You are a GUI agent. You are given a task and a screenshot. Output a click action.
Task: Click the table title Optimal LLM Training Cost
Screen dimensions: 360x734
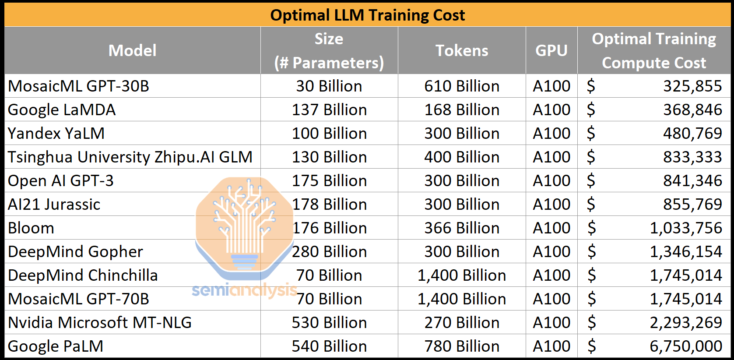coord(367,15)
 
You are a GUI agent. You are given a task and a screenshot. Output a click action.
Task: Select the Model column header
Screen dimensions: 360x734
coord(132,50)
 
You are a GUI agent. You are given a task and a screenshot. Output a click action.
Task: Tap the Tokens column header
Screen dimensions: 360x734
coord(462,50)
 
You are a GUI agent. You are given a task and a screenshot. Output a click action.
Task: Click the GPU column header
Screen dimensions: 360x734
coord(551,50)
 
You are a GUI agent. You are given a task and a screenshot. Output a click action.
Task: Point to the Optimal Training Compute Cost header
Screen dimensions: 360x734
coord(654,50)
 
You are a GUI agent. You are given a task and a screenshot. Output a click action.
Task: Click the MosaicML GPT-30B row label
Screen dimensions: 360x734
coord(79,86)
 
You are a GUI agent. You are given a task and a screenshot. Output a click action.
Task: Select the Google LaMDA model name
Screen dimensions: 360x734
coord(62,109)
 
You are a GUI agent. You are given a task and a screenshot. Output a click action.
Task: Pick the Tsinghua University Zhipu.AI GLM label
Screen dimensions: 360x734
coord(130,157)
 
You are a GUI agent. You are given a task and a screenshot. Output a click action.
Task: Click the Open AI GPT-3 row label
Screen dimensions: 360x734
coord(61,180)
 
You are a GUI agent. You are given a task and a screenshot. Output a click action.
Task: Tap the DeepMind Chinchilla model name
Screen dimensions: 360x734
coord(83,275)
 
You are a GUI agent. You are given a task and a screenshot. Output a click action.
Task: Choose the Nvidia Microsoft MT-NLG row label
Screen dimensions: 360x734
coord(100,322)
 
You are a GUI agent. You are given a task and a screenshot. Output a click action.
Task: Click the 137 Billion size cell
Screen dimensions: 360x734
coord(329,109)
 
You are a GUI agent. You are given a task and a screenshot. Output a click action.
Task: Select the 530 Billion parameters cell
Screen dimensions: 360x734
coord(329,322)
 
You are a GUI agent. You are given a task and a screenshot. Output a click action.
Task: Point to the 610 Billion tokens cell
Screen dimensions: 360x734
coord(462,86)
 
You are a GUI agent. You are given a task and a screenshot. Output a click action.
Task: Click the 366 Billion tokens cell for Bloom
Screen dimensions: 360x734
coord(462,228)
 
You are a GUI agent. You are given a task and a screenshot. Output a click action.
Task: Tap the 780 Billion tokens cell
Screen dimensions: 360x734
coord(462,346)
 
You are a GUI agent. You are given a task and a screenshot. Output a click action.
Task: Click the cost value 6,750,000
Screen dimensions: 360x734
coord(685,346)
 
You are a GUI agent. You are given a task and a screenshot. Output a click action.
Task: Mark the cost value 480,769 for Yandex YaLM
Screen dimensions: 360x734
coord(692,133)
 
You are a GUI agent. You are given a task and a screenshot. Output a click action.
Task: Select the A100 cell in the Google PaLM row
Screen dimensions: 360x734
coord(551,346)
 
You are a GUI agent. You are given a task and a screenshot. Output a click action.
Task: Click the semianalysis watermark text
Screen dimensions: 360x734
coord(244,290)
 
